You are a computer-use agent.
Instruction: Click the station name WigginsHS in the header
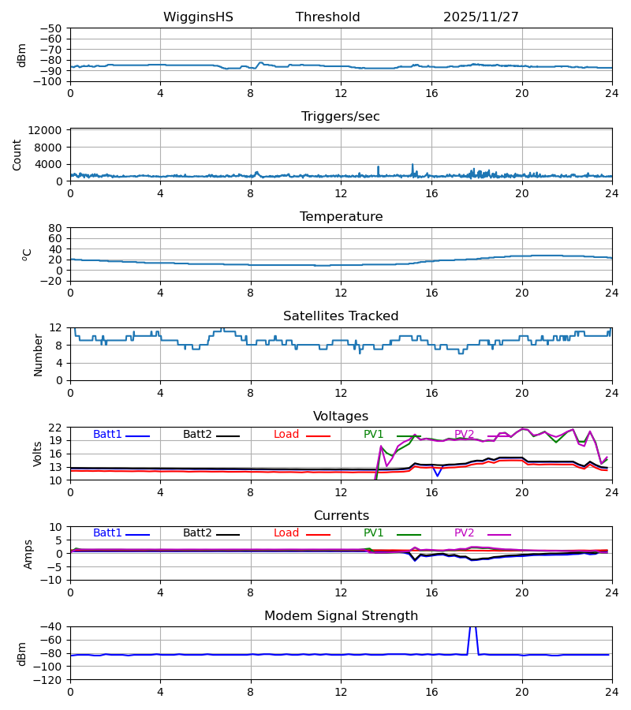point(198,17)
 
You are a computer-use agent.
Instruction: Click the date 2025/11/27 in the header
point(480,17)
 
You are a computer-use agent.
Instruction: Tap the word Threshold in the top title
point(327,17)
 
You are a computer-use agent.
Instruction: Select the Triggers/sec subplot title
point(341,117)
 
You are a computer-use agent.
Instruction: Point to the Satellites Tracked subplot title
point(341,316)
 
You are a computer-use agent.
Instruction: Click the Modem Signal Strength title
point(341,616)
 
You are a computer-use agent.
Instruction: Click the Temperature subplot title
point(341,217)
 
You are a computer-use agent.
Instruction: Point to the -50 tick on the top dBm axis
point(54,28)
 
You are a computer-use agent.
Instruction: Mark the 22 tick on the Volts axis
point(58,428)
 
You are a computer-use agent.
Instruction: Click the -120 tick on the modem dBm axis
point(50,679)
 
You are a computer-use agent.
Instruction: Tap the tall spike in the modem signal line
point(472,629)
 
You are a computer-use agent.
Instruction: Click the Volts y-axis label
point(37,454)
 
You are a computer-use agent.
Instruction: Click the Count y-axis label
point(17,155)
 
